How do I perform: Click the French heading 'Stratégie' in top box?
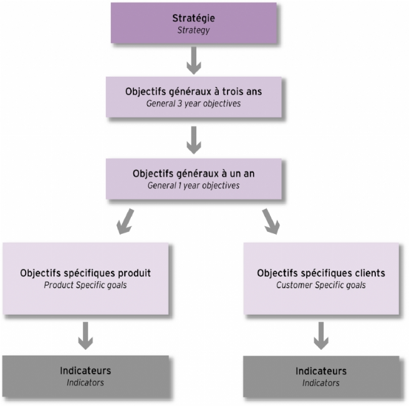click(193, 17)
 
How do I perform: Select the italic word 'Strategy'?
click(193, 29)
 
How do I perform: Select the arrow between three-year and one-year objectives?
click(193, 140)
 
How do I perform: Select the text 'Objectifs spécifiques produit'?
click(85, 273)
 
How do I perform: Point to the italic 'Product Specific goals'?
click(85, 285)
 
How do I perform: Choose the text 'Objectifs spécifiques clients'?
click(320, 273)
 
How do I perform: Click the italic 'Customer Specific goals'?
click(320, 285)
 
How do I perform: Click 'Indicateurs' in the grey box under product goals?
click(85, 371)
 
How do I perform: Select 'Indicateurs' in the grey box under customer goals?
click(320, 372)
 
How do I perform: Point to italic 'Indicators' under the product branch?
click(85, 382)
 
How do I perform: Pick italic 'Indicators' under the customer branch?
click(320, 383)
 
